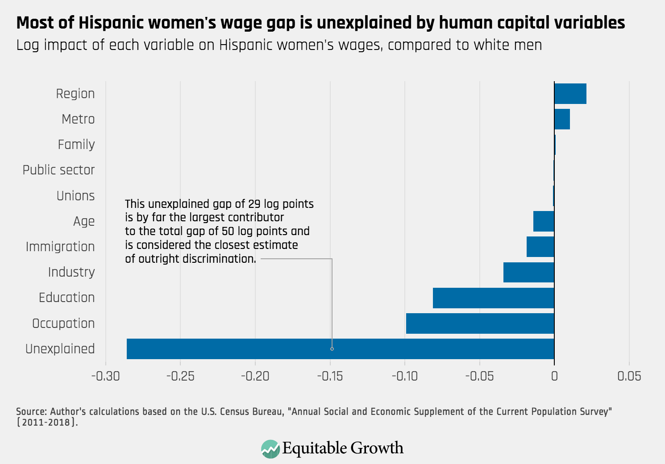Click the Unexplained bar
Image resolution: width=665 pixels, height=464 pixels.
pos(340,349)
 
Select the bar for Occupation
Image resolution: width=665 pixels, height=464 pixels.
pos(480,323)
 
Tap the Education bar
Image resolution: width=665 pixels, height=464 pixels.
pos(493,298)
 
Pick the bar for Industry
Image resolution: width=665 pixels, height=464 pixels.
pos(528,272)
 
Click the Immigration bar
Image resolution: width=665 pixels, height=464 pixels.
pos(540,247)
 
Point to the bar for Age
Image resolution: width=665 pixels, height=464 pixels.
pos(544,221)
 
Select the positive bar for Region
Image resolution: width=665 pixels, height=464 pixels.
pos(570,94)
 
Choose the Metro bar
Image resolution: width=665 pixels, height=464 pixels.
pos(562,119)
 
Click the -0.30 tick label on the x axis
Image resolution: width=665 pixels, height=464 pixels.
pos(105,376)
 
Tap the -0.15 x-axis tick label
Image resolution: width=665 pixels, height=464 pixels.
pos(330,376)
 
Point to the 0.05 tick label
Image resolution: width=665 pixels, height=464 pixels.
pos(629,376)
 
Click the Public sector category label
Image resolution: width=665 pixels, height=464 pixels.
pos(58,170)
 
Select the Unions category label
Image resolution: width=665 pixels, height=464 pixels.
pos(75,196)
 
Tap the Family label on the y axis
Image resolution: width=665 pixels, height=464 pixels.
pos(76,145)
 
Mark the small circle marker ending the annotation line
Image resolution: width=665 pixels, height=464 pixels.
pos(332,349)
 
